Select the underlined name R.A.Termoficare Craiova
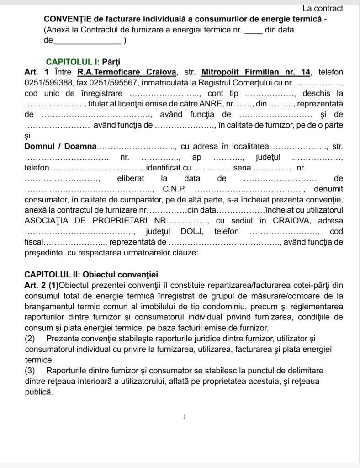point(127,72)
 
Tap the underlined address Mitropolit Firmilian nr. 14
point(256,72)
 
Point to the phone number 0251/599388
point(46,83)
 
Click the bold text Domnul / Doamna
point(60,147)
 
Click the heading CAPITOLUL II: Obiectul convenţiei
point(91,275)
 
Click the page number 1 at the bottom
point(183,416)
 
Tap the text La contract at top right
point(323,8)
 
